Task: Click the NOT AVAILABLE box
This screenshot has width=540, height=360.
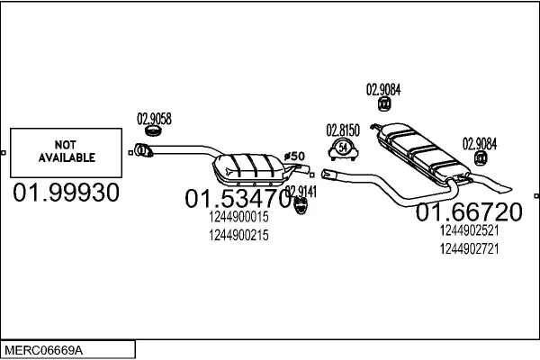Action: click(67, 151)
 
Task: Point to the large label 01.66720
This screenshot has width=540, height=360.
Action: click(468, 212)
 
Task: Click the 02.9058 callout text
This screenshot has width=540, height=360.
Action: click(153, 118)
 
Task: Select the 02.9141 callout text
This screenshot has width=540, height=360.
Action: click(301, 191)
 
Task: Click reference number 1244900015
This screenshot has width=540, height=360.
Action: click(238, 218)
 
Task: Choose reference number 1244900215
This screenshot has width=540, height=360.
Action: click(238, 235)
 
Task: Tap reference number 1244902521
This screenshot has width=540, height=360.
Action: click(469, 230)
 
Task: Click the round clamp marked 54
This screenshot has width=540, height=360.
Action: click(343, 148)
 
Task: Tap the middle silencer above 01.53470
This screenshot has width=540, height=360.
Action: click(247, 167)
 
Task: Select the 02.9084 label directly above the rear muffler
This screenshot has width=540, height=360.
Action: click(382, 89)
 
